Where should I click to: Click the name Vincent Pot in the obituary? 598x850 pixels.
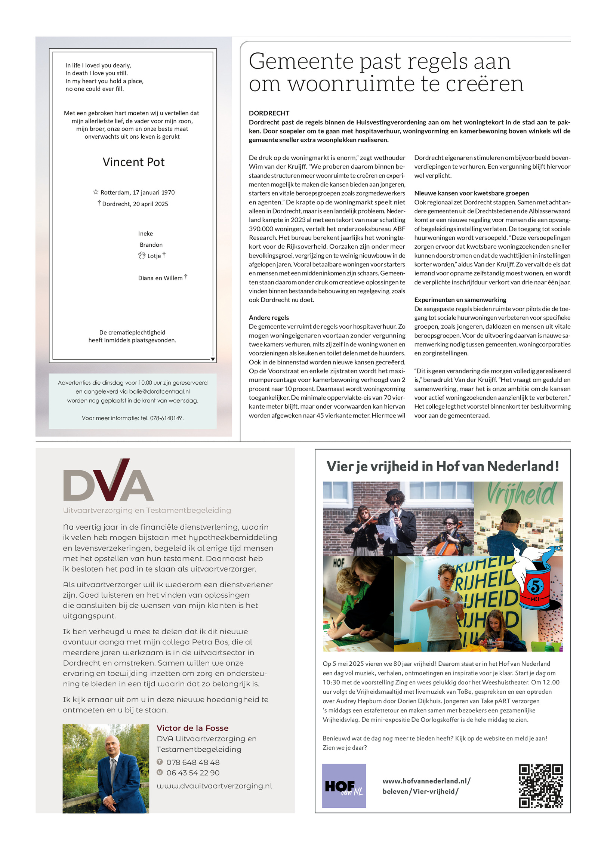pos(133,162)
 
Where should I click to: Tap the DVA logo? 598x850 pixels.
pos(108,480)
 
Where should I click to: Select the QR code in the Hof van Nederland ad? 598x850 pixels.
pos(540,786)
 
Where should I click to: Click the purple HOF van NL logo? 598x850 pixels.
pos(343,786)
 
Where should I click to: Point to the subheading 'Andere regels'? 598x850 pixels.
pos(269,317)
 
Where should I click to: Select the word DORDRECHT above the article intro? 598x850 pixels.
pos(269,113)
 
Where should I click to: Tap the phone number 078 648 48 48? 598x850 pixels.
pos(193,762)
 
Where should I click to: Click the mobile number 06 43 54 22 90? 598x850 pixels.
pos(193,773)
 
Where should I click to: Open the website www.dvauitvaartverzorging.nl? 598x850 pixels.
pos(214,786)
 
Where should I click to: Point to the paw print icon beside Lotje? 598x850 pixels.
pos(142,255)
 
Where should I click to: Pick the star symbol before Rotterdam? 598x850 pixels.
pos(96,192)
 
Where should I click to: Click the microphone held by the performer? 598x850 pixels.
pos(395,511)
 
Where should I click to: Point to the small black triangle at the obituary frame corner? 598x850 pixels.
pos(212,359)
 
